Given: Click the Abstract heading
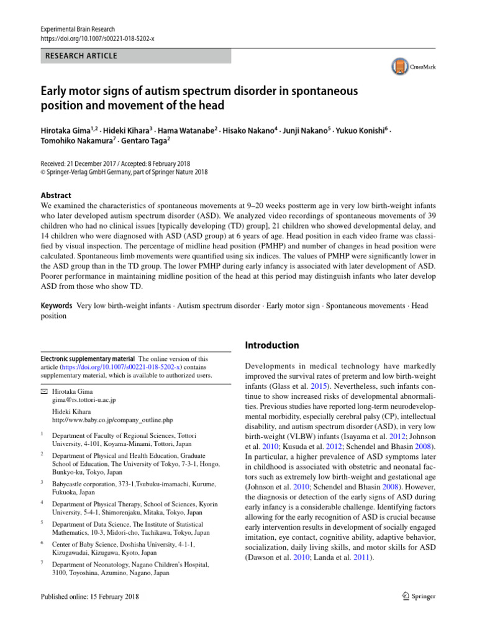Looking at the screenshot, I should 56,194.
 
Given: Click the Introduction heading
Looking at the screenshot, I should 271,345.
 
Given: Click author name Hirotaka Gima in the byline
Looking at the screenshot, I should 65,132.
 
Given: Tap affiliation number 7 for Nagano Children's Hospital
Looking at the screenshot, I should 42,563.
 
